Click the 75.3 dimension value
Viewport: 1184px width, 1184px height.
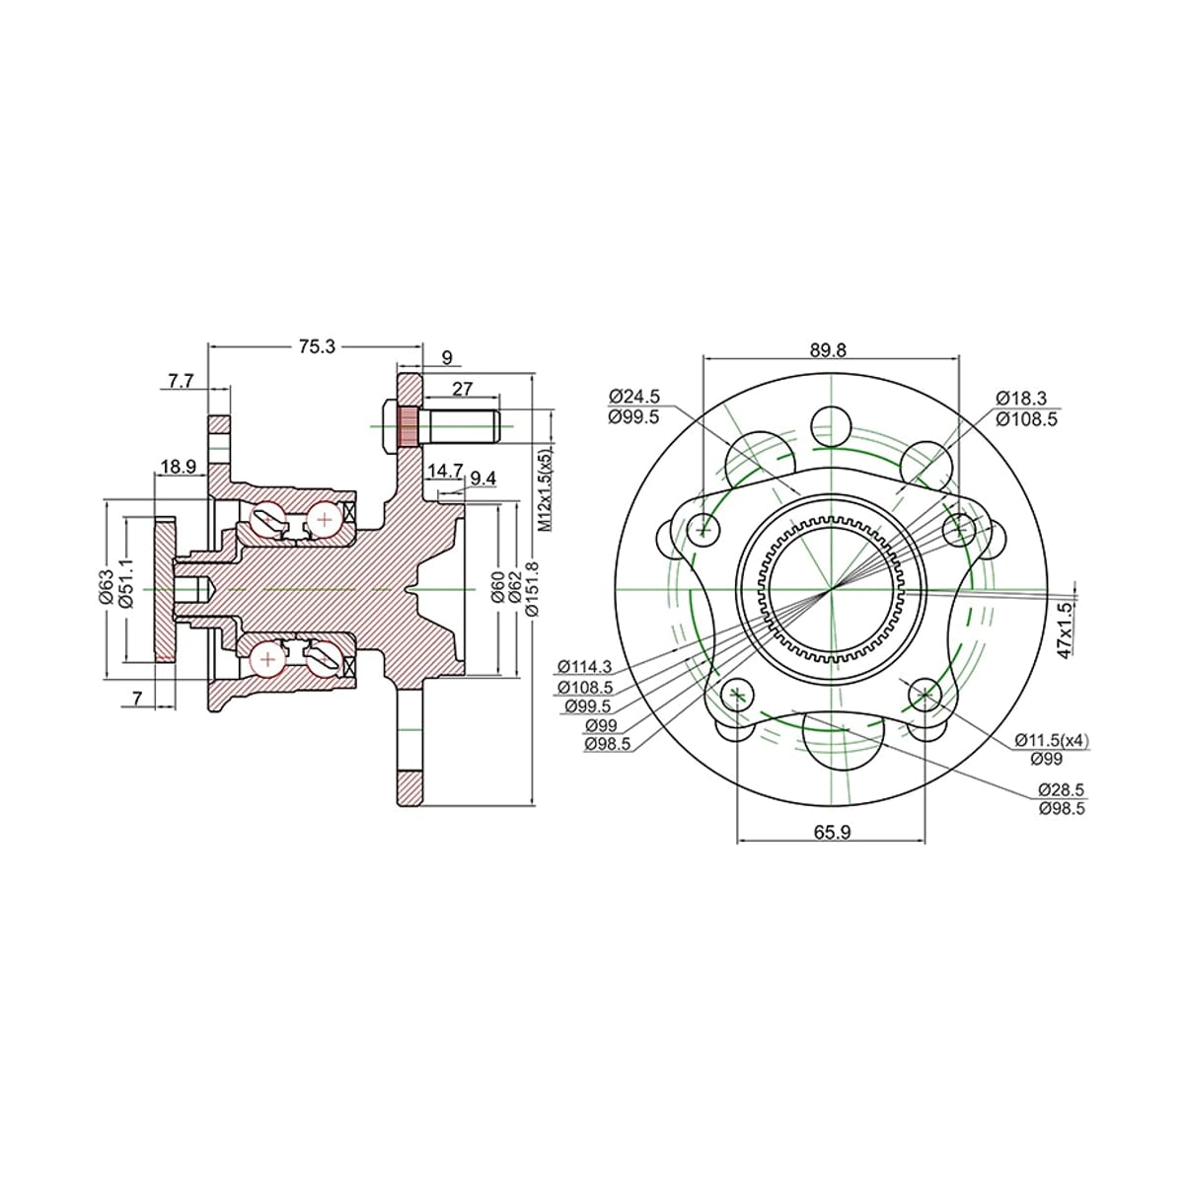click(x=317, y=347)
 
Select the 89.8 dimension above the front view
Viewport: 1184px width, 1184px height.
click(x=828, y=350)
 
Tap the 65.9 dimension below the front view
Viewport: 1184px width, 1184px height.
click(x=833, y=832)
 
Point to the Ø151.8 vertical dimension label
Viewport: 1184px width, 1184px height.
click(x=532, y=589)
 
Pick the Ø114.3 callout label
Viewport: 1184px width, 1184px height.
click(x=585, y=666)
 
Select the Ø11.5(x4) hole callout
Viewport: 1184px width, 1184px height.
click(x=1052, y=740)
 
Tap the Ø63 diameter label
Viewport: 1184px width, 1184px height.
click(x=107, y=587)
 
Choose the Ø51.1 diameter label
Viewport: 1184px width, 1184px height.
click(x=127, y=584)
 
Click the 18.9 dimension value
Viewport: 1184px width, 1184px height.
click(x=179, y=467)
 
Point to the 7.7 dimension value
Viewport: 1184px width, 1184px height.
click(x=181, y=382)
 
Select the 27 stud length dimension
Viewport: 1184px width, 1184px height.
click(x=462, y=389)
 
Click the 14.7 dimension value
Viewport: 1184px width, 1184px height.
click(x=445, y=471)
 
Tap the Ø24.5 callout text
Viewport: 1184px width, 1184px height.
click(x=633, y=396)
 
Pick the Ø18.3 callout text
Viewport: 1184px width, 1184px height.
click(x=1021, y=398)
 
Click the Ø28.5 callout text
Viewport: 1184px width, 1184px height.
click(x=1062, y=789)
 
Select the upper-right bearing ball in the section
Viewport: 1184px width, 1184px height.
click(x=325, y=520)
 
